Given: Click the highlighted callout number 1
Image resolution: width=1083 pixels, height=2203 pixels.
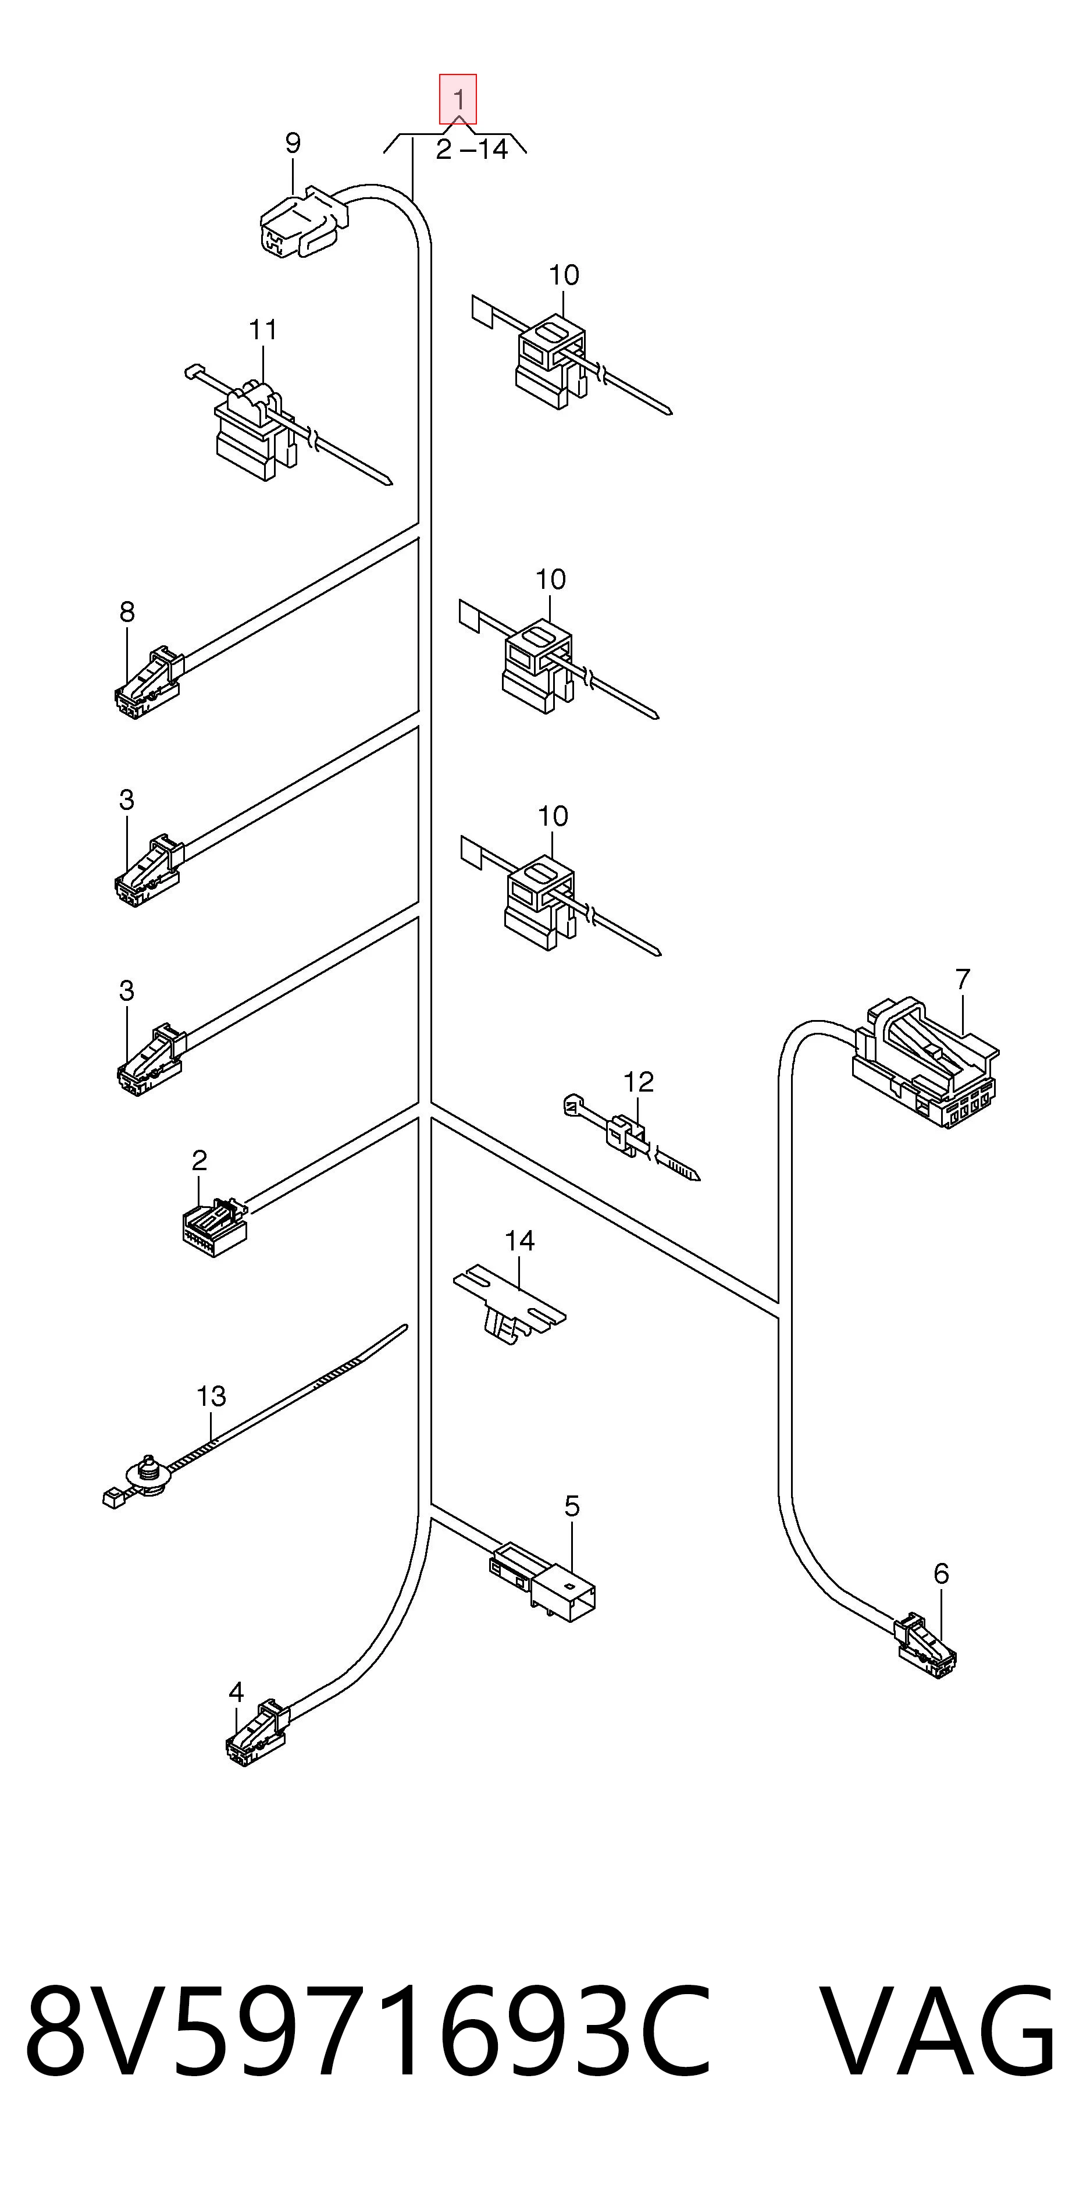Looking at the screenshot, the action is (458, 99).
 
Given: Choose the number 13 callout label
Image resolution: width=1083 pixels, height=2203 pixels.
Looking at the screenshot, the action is (211, 1397).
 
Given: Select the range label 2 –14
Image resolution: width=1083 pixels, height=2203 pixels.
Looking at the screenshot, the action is (472, 150).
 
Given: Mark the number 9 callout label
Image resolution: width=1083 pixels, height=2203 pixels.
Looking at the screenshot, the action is (293, 143).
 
